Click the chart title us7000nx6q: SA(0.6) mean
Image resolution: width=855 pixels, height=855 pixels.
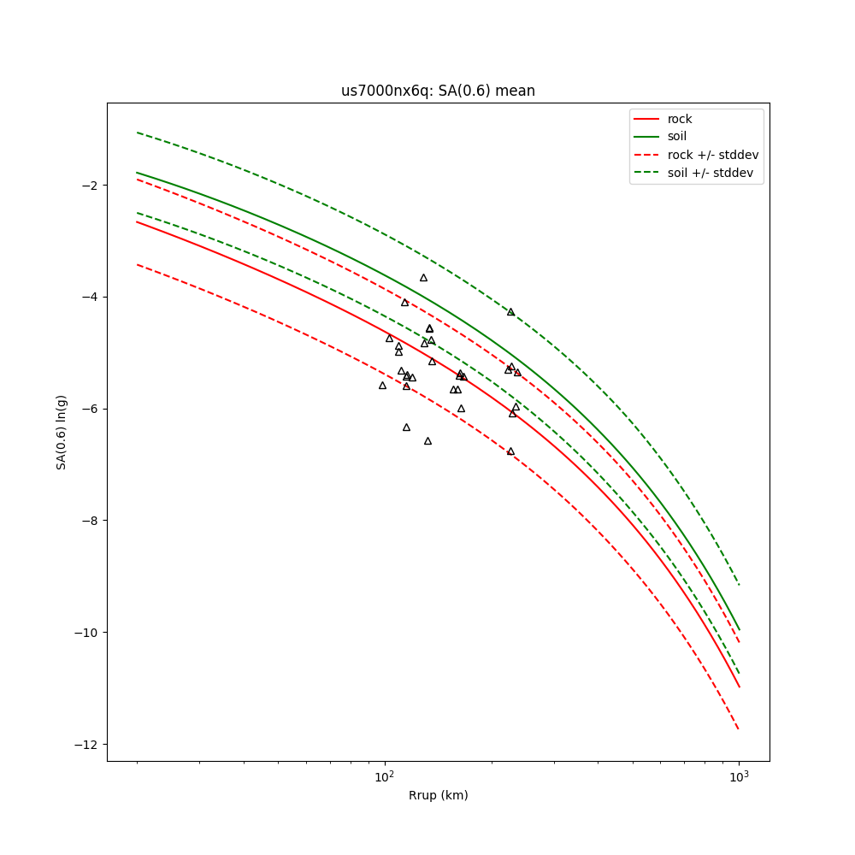pyautogui.click(x=438, y=91)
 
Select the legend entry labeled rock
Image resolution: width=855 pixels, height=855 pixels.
pyautogui.click(x=680, y=119)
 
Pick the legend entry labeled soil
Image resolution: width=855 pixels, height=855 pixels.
pyautogui.click(x=676, y=136)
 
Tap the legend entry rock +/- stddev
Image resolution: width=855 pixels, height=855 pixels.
pyautogui.click(x=712, y=155)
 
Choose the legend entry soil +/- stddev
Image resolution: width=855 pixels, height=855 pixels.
pyautogui.click(x=712, y=172)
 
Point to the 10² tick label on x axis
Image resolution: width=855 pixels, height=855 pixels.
pyautogui.click(x=385, y=776)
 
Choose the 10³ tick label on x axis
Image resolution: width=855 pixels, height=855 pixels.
pyautogui.click(x=739, y=776)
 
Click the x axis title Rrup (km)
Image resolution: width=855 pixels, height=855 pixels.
pyautogui.click(x=438, y=795)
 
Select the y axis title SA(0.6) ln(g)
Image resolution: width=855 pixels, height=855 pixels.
pyautogui.click(x=62, y=432)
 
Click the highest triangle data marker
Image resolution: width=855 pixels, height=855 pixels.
pyautogui.click(x=423, y=278)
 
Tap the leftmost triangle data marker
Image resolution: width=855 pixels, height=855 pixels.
pyautogui.click(x=382, y=386)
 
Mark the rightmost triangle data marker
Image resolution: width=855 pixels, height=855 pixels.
pyautogui.click(x=517, y=373)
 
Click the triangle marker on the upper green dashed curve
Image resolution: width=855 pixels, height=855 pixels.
pyautogui.click(x=510, y=312)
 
